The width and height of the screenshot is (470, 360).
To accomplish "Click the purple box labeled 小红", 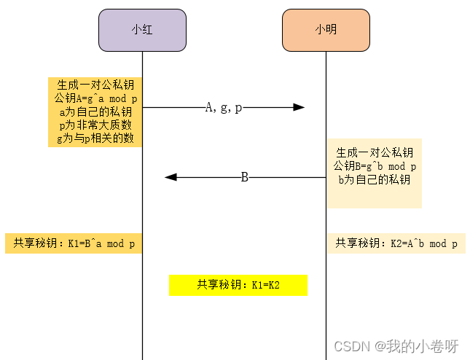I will (x=142, y=30).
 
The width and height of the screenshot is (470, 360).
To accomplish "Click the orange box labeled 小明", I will (x=326, y=30).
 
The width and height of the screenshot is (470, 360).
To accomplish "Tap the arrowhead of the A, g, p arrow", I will (x=299, y=107).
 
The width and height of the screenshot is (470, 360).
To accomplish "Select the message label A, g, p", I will (x=224, y=107).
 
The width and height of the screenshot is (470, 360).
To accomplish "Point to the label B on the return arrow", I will (x=245, y=177).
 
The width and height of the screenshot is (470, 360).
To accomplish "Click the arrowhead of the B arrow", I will (x=171, y=177).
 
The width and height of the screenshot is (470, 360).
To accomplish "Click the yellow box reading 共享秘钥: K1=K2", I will (x=238, y=285).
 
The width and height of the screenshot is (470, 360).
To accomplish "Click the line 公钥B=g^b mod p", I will (x=374, y=166).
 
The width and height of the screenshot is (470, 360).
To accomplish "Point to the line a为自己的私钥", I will (x=95, y=112).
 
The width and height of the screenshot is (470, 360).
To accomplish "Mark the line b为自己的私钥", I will (x=374, y=179).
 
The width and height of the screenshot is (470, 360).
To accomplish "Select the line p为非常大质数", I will (x=95, y=125).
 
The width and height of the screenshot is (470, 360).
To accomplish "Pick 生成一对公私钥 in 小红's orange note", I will (x=95, y=86).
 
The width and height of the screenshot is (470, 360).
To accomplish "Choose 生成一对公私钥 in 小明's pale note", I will (x=374, y=153).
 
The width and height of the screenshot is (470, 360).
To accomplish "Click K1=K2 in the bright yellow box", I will (x=266, y=285).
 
